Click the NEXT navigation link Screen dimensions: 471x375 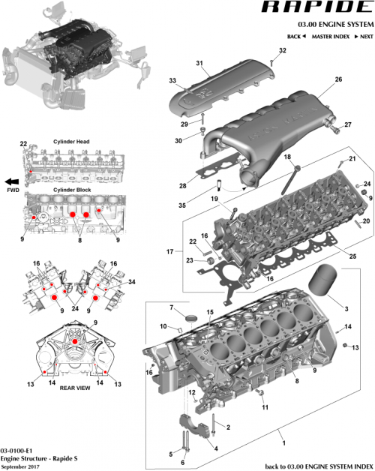(x=364, y=37)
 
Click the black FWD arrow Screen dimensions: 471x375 (x=11, y=181)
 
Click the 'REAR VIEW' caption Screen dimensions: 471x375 (x=75, y=388)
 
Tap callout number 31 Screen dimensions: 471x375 (x=199, y=62)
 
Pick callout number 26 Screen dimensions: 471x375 (x=338, y=79)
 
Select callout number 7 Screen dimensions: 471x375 (x=171, y=308)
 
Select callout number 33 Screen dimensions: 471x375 (x=172, y=80)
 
